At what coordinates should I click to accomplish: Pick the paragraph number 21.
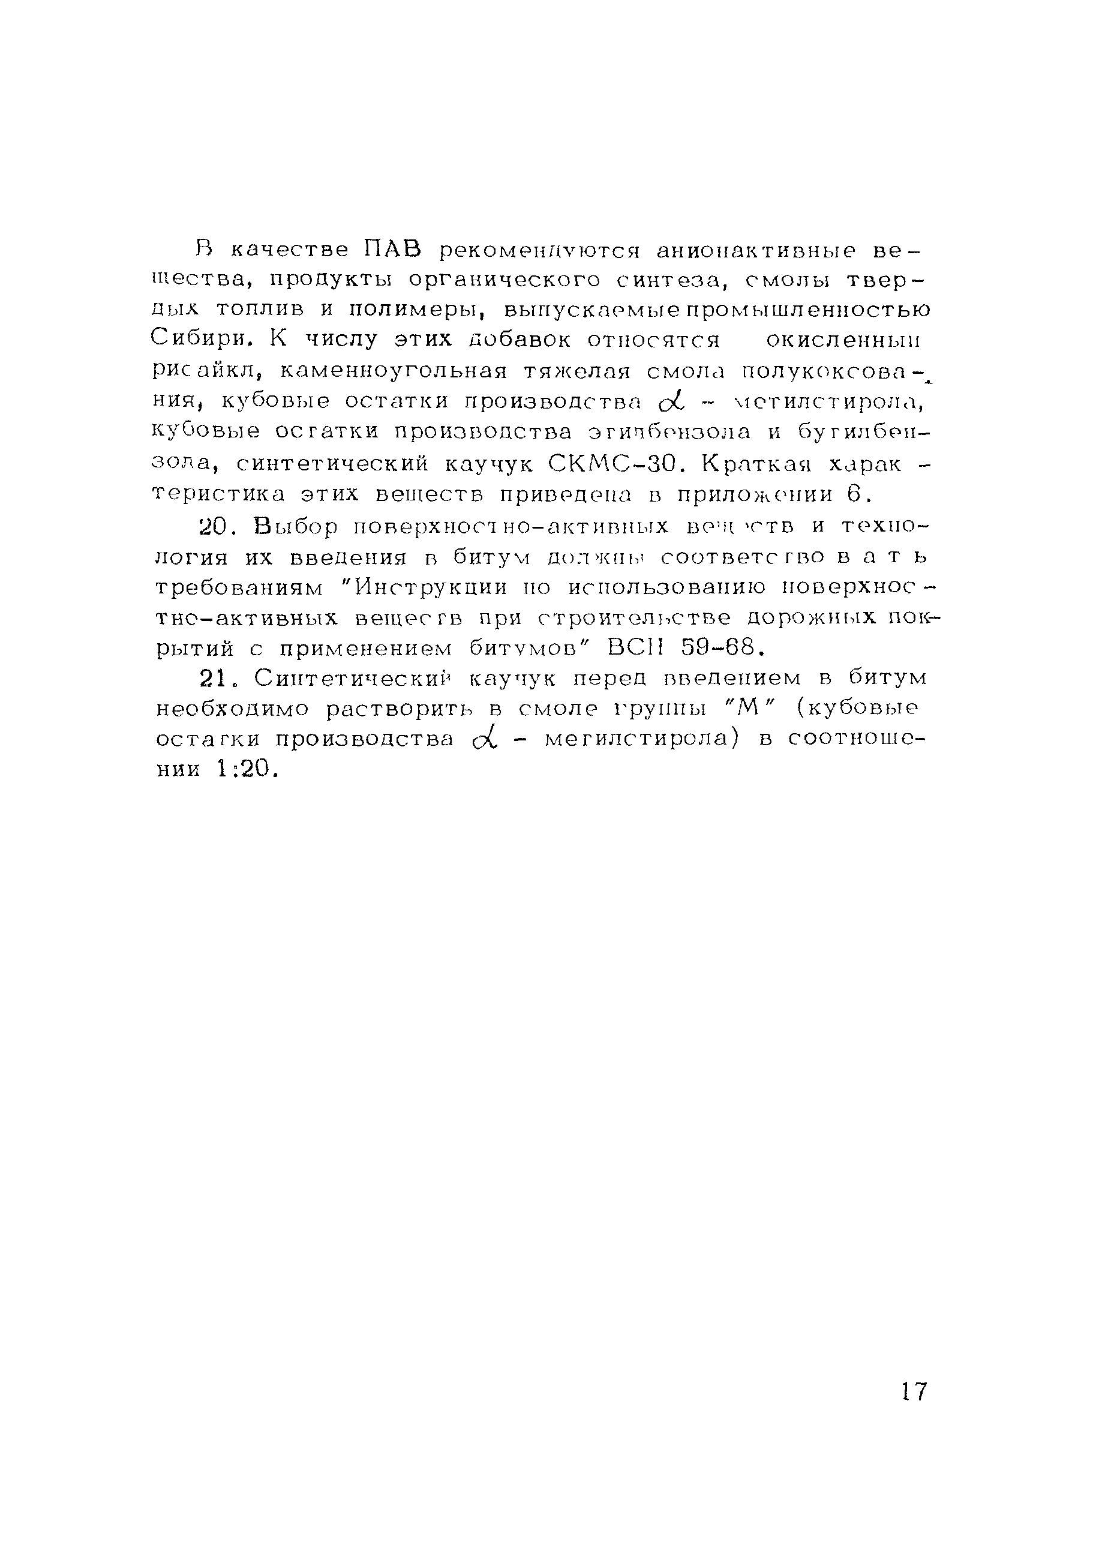218,678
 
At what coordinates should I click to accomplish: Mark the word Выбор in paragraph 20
296,526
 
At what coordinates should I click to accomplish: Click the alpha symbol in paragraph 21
482,739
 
